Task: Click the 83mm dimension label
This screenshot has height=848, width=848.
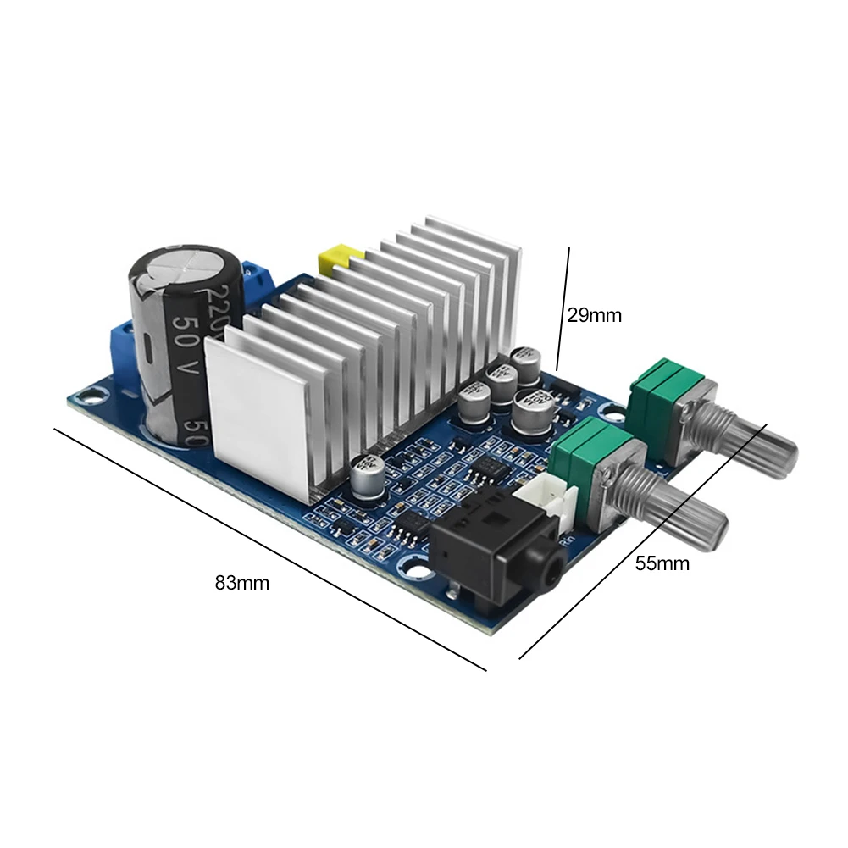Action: (242, 583)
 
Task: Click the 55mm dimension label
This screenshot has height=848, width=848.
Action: (662, 563)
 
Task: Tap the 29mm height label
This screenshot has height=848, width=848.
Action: (594, 316)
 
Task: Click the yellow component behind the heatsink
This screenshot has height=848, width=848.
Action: (336, 259)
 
